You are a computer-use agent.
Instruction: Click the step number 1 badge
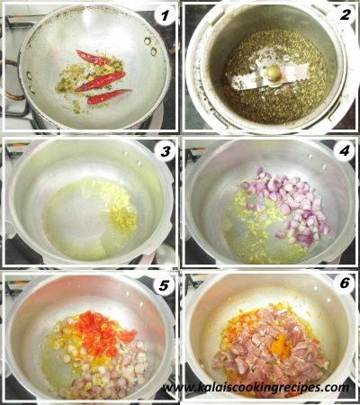click(165, 15)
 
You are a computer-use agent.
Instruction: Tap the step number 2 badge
click(345, 14)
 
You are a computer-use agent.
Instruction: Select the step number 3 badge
click(165, 151)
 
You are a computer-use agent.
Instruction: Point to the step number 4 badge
click(345, 150)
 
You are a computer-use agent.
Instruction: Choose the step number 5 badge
click(164, 285)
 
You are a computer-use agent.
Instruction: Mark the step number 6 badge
click(345, 283)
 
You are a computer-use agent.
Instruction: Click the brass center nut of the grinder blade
click(274, 74)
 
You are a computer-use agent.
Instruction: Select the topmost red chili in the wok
click(93, 58)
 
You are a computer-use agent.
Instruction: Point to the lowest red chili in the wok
click(109, 96)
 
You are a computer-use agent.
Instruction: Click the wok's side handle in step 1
click(11, 79)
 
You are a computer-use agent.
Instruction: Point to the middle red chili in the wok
click(101, 81)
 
